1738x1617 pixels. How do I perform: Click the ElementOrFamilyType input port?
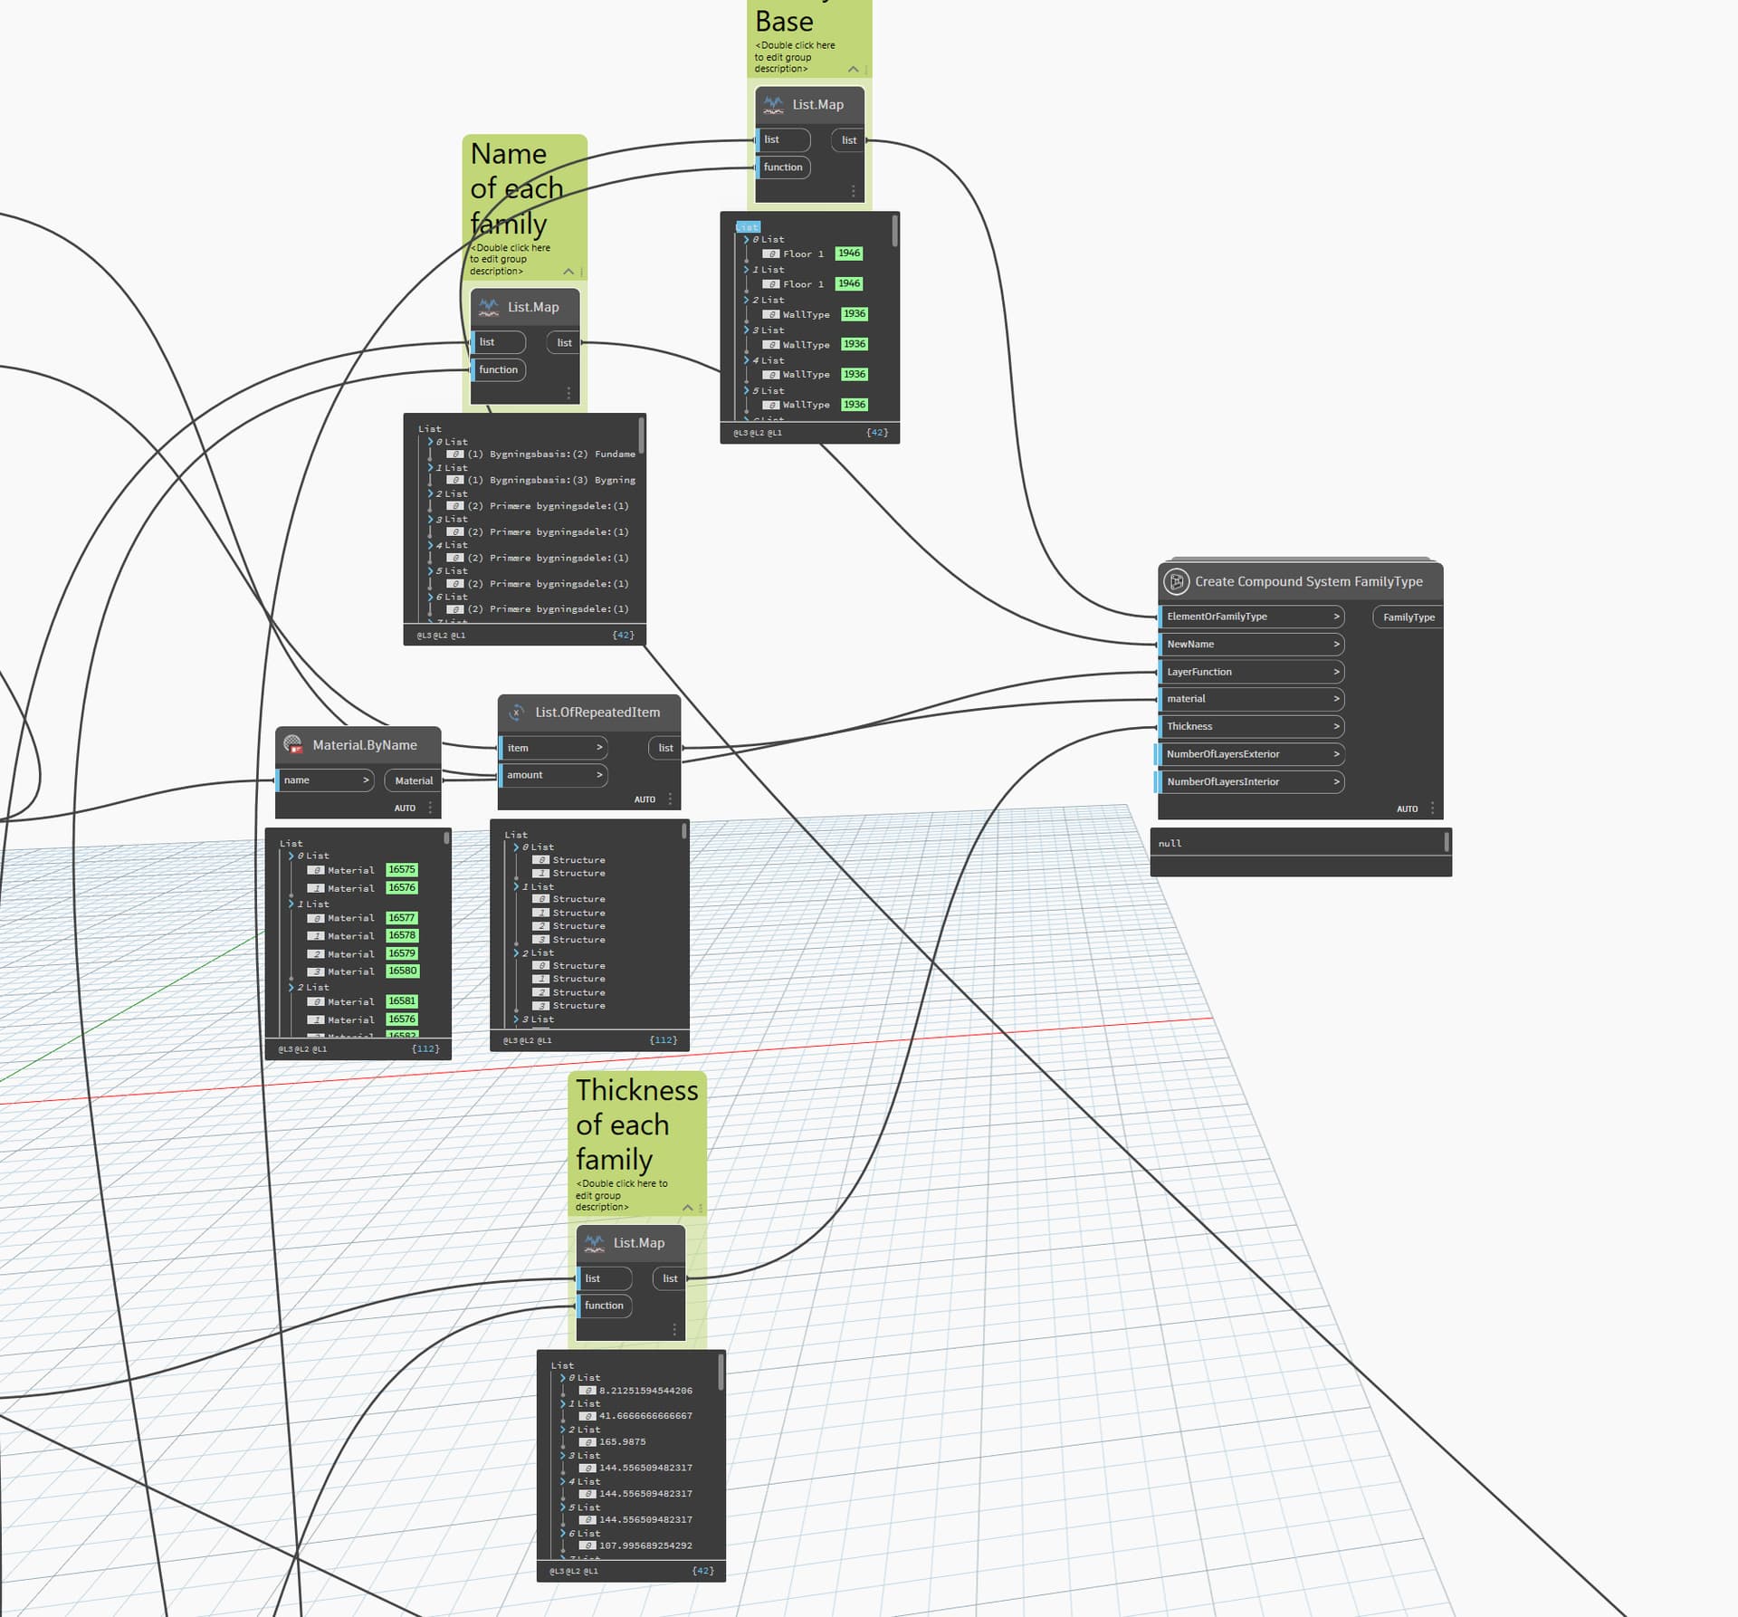[x=1249, y=617]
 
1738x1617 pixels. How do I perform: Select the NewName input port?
[x=1249, y=645]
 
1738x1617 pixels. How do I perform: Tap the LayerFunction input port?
[x=1249, y=672]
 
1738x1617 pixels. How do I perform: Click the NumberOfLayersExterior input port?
[x=1249, y=754]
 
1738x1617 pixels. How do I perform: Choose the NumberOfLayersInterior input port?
[x=1249, y=781]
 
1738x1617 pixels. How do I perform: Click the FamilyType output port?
[x=1408, y=617]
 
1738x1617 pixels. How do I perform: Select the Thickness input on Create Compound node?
[x=1249, y=726]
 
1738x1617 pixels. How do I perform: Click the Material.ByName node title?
[x=364, y=745]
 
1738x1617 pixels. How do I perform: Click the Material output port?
[x=413, y=780]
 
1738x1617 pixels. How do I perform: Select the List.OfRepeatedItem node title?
[x=597, y=713]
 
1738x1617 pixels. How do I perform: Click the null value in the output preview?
[x=1170, y=844]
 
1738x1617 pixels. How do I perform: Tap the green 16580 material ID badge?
[x=402, y=971]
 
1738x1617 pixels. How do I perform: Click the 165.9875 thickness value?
[x=622, y=1442]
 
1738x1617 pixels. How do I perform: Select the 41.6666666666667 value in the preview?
[x=645, y=1416]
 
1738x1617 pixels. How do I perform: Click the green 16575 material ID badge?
[x=402, y=869]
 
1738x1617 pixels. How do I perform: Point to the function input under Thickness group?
[x=604, y=1306]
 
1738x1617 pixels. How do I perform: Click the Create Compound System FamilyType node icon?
[x=1176, y=582]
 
